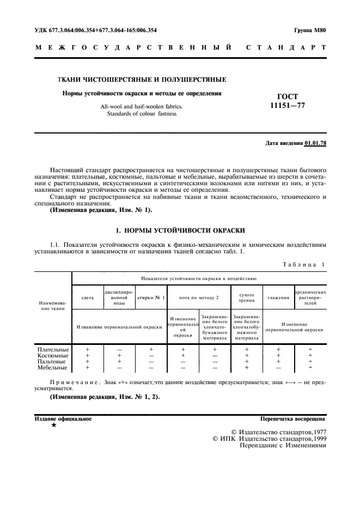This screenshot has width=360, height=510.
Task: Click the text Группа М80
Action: (309, 31)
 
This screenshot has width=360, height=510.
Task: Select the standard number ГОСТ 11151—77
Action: (288, 101)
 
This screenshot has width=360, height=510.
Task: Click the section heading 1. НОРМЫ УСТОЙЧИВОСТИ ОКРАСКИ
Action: (180, 230)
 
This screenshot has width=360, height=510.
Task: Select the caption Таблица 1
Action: (303, 265)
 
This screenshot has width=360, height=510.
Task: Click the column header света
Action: (87, 297)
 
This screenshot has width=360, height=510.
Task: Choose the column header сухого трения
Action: (247, 297)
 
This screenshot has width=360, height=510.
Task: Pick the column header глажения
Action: (278, 297)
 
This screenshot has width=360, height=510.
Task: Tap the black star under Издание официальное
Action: (53, 425)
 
